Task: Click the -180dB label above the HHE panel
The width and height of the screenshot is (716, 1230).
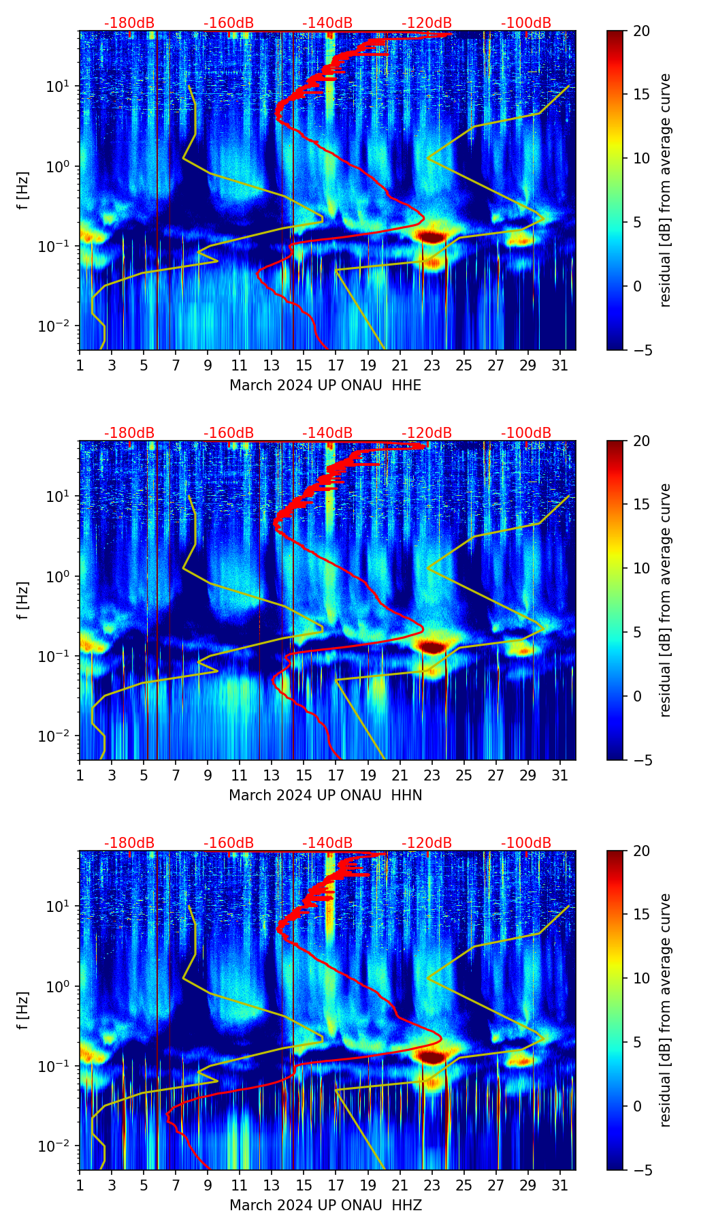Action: pyautogui.click(x=129, y=23)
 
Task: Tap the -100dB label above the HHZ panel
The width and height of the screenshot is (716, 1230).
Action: pyautogui.click(x=526, y=843)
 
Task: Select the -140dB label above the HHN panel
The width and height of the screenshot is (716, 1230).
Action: pyautogui.click(x=327, y=433)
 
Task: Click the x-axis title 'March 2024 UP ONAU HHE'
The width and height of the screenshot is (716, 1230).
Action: pyautogui.click(x=325, y=385)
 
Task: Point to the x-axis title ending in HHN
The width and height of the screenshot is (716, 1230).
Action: pyautogui.click(x=325, y=795)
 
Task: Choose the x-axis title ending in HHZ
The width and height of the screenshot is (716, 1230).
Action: pyautogui.click(x=325, y=1205)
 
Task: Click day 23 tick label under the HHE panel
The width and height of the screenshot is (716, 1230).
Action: pyautogui.click(x=432, y=365)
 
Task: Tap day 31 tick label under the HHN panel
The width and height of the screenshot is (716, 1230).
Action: pyautogui.click(x=559, y=775)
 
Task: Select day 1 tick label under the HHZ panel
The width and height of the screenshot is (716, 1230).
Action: pyautogui.click(x=80, y=1185)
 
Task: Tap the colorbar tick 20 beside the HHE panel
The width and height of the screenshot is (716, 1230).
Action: pyautogui.click(x=641, y=31)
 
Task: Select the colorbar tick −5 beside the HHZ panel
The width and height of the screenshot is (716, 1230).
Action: pyautogui.click(x=641, y=1170)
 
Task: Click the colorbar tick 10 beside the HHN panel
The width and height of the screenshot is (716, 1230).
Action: pyautogui.click(x=641, y=569)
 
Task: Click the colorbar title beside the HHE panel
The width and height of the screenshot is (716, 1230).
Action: pyautogui.click(x=665, y=190)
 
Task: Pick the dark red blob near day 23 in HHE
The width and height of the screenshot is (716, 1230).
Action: pyautogui.click(x=432, y=236)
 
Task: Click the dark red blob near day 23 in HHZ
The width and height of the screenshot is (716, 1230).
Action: pyautogui.click(x=432, y=1056)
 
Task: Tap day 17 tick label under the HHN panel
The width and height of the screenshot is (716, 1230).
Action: pyautogui.click(x=336, y=775)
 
